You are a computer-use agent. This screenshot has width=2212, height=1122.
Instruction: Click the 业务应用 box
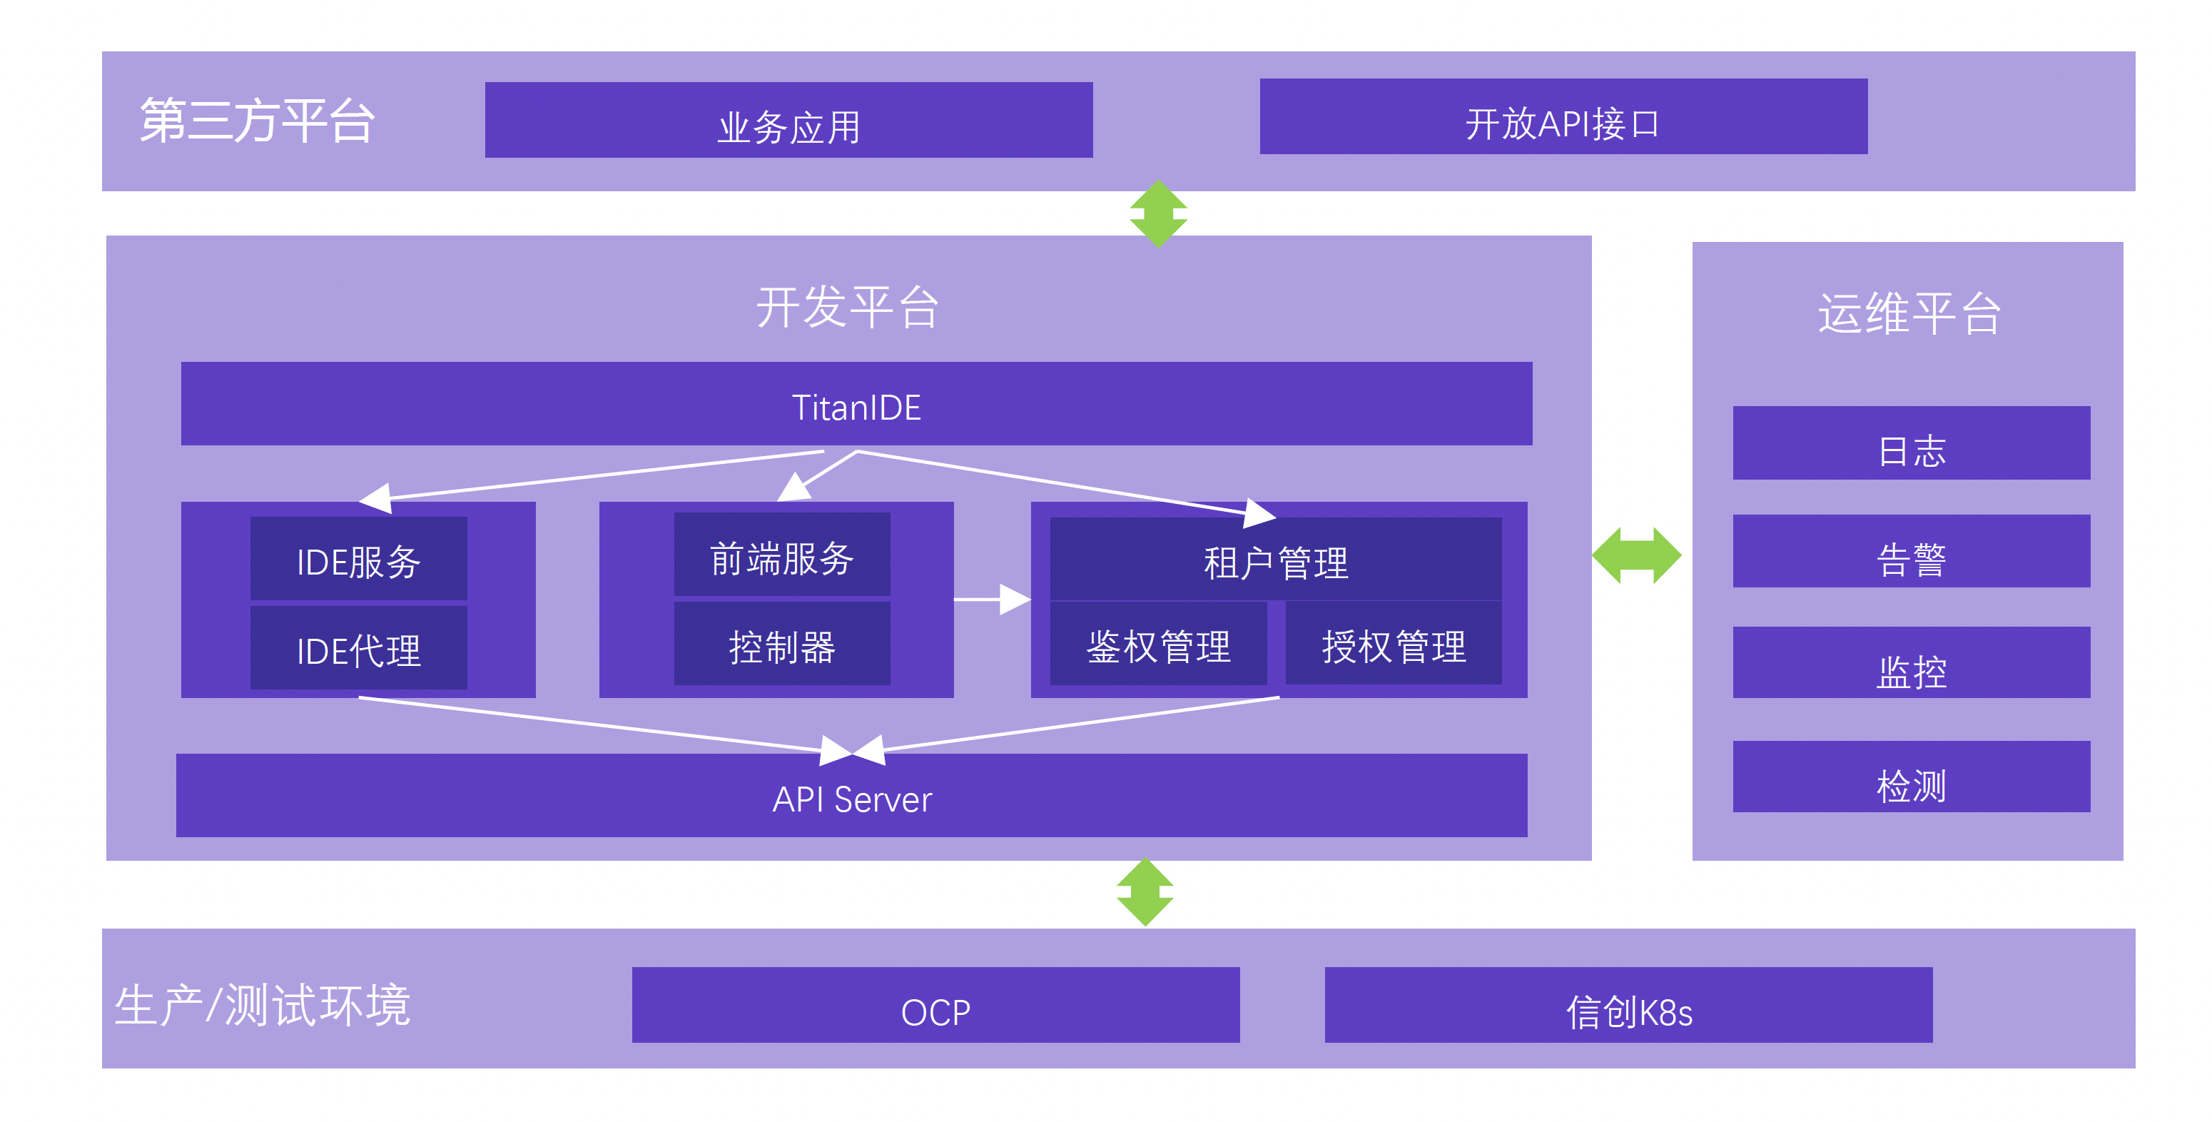click(788, 121)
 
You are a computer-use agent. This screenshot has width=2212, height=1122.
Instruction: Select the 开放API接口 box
click(1563, 117)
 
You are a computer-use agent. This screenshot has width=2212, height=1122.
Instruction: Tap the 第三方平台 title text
click(257, 121)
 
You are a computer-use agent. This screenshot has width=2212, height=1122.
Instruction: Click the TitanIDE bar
click(856, 404)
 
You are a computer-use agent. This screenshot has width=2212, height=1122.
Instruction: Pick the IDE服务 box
click(358, 560)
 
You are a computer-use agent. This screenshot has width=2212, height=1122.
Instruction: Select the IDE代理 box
click(358, 649)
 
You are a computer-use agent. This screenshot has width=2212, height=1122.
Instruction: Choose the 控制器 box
click(781, 645)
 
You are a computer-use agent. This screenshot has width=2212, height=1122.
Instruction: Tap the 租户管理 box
click(1275, 560)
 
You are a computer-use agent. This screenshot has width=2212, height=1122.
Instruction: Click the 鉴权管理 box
click(1157, 645)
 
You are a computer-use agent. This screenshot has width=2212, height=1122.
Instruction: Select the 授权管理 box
click(1393, 645)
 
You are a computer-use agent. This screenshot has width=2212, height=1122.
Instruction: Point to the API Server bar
click(851, 797)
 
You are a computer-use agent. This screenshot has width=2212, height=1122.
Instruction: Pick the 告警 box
click(1911, 552)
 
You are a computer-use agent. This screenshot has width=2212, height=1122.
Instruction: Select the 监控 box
click(1911, 663)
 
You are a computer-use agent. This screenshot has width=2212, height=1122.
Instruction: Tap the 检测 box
click(1911, 777)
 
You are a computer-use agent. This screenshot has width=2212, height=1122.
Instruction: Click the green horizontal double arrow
click(1637, 556)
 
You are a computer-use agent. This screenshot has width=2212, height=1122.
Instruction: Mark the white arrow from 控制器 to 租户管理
click(992, 599)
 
